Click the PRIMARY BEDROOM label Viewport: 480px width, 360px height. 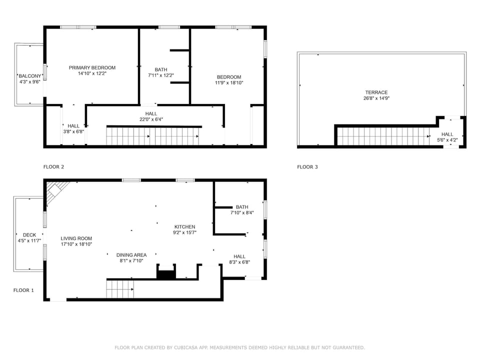click(92, 67)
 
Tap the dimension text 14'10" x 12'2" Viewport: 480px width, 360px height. click(92, 73)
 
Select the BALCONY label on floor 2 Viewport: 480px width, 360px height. click(29, 76)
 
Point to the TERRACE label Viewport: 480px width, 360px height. click(376, 92)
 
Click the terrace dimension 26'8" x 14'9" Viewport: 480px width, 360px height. click(376, 98)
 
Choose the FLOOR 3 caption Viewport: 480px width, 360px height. click(307, 167)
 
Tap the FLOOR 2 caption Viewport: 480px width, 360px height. click(53, 167)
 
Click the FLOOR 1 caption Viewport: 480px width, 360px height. click(23, 290)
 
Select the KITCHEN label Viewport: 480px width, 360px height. click(184, 226)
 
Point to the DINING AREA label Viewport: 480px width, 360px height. click(131, 254)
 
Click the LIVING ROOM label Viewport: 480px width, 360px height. click(76, 238)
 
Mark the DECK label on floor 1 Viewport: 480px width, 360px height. click(29, 235)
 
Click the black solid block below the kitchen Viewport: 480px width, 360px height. click(165, 273)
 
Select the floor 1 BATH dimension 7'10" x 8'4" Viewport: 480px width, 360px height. click(242, 212)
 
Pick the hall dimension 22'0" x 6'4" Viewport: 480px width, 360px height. click(151, 119)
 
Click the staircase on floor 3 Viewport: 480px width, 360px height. click(382, 136)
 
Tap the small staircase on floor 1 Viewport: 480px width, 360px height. click(119, 289)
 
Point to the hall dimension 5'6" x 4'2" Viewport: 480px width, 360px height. click(447, 140)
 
